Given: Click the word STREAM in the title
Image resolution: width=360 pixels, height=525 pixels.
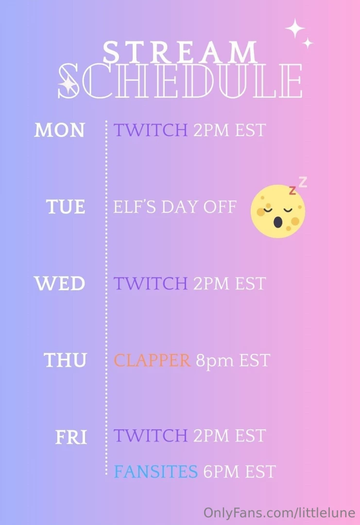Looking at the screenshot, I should pyautogui.click(x=180, y=52).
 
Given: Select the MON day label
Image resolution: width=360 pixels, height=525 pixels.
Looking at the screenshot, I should pyautogui.click(x=59, y=130).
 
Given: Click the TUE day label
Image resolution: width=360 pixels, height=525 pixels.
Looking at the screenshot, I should pyautogui.click(x=66, y=207).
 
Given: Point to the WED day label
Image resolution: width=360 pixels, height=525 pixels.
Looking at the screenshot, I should pyautogui.click(x=59, y=284).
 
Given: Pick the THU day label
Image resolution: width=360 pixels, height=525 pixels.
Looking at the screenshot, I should pyautogui.click(x=65, y=361).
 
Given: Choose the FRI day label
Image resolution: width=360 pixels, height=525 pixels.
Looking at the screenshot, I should pyautogui.click(x=71, y=437).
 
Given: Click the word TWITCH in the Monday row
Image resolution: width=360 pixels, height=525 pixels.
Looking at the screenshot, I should pyautogui.click(x=151, y=130).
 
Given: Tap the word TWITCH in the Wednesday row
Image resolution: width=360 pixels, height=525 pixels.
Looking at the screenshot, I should pyautogui.click(x=151, y=284).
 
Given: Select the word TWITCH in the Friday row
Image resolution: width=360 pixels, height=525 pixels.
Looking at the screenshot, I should pyautogui.click(x=151, y=436).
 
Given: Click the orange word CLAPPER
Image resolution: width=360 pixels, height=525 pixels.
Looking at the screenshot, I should pyautogui.click(x=152, y=361).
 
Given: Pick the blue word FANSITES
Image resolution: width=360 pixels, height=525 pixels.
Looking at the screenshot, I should pyautogui.click(x=155, y=472).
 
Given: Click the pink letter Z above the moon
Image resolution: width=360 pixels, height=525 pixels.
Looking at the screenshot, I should pyautogui.click(x=303, y=182).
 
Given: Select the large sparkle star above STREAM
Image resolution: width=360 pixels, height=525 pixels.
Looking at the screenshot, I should pyautogui.click(x=295, y=28).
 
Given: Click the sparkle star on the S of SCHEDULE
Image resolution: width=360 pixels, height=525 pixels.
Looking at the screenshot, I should pyautogui.click(x=68, y=85).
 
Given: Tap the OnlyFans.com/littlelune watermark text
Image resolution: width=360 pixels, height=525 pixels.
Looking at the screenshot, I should pyautogui.click(x=279, y=513).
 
